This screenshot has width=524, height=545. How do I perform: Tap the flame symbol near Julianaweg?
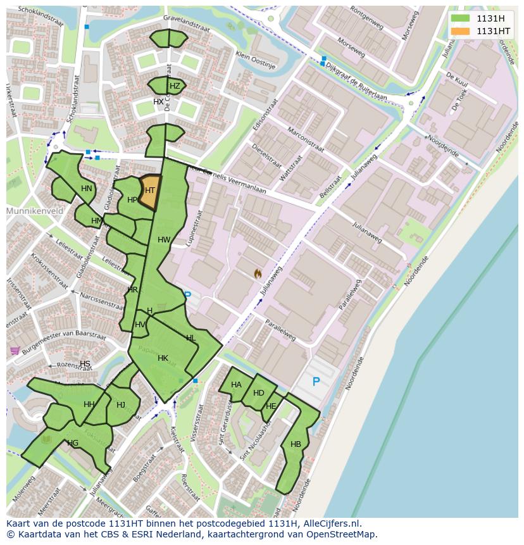click(258, 273)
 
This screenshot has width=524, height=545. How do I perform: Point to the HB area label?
click(296, 444)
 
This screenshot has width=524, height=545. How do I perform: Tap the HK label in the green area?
click(163, 358)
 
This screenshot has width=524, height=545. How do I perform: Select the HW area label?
click(164, 240)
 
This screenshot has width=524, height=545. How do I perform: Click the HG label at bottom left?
click(73, 443)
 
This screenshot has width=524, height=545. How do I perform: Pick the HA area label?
click(236, 385)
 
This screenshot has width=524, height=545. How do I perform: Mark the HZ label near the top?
click(175, 86)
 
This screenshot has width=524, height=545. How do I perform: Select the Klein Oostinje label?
click(256, 60)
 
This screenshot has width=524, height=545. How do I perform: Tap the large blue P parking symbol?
click(316, 382)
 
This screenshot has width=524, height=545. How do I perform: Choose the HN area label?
click(87, 189)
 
